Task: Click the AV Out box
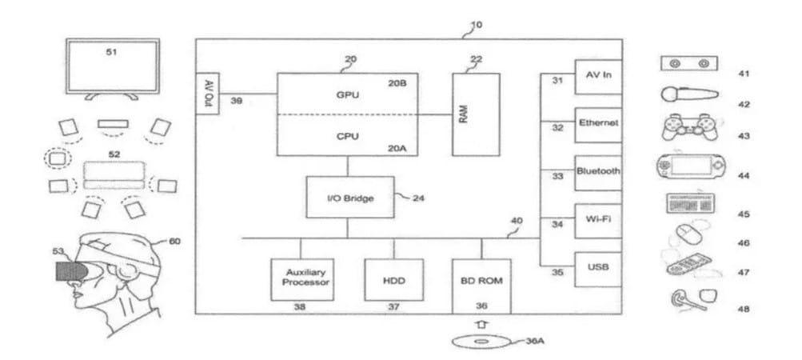click(x=206, y=93)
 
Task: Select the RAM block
click(x=476, y=114)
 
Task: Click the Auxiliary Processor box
click(x=302, y=278)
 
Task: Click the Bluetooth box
click(x=598, y=171)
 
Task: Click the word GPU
click(x=347, y=94)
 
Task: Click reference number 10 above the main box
click(x=476, y=25)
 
